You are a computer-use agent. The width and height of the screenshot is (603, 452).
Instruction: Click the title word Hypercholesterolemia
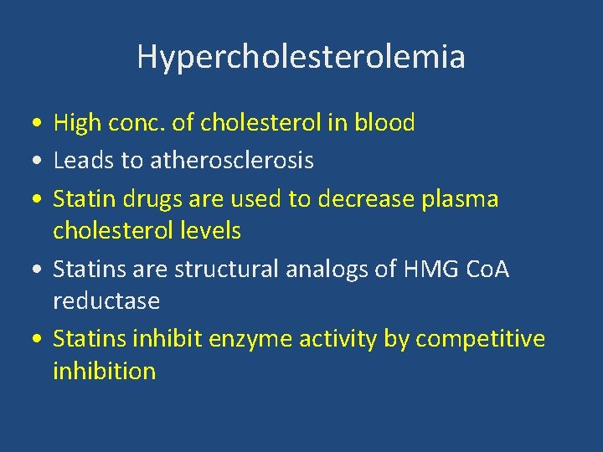click(x=301, y=57)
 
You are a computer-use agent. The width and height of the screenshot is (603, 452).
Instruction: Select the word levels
click(x=209, y=230)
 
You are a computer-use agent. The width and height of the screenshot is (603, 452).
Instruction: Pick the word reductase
click(x=106, y=300)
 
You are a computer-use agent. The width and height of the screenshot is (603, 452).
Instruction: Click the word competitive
click(x=480, y=339)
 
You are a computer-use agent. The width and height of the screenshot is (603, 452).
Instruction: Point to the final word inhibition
click(x=105, y=370)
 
